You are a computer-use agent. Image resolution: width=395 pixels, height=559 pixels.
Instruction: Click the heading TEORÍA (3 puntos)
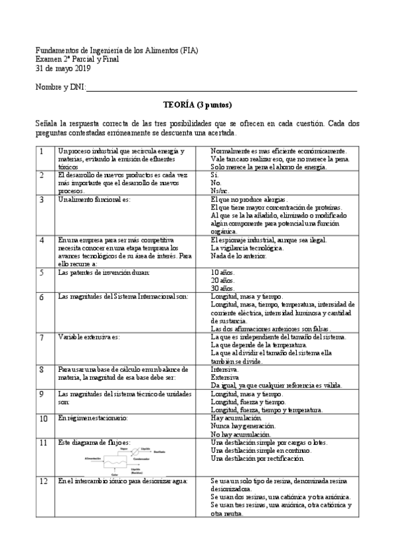click(x=197, y=105)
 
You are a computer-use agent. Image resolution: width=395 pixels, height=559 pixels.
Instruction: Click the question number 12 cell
click(x=44, y=481)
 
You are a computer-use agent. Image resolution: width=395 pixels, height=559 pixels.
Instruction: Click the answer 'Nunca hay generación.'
click(x=243, y=426)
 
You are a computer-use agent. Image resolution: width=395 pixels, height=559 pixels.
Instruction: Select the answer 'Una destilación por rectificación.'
click(x=257, y=457)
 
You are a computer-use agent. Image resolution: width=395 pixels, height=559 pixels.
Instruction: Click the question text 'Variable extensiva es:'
click(x=88, y=337)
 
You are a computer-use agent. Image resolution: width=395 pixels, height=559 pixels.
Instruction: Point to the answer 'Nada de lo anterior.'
click(x=238, y=256)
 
